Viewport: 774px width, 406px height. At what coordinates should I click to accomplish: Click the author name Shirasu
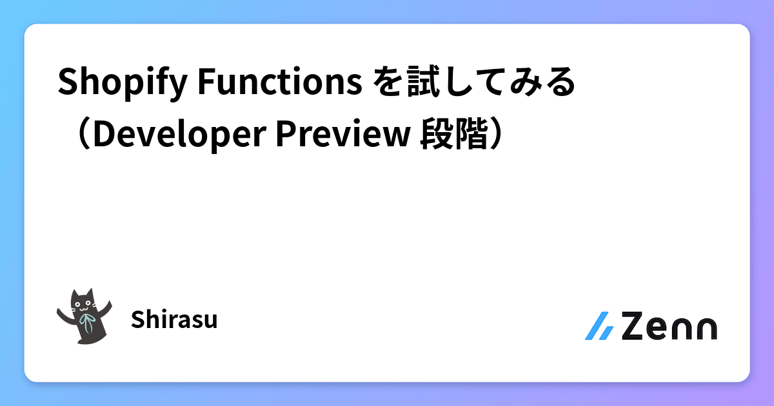click(x=174, y=320)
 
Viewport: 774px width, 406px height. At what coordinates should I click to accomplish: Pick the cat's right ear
click(x=91, y=292)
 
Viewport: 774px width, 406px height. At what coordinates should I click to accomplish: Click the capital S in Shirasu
click(x=136, y=320)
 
